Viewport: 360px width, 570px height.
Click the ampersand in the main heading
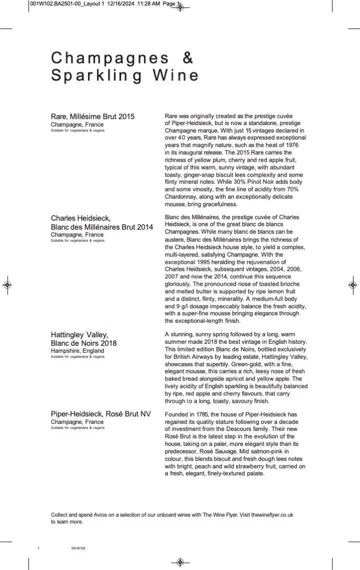[187, 58]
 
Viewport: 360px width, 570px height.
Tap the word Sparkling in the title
[95, 76]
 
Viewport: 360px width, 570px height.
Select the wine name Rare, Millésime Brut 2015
[92, 117]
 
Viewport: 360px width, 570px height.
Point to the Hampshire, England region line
[77, 351]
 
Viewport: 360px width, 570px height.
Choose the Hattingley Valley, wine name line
[79, 334]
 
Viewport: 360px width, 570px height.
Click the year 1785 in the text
[200, 414]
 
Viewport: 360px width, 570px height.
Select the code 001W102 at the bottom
[78, 548]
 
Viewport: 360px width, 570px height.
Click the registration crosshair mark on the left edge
[7, 285]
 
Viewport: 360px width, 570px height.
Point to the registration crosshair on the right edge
[352, 285]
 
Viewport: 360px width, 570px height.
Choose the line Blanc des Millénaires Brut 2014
[102, 227]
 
